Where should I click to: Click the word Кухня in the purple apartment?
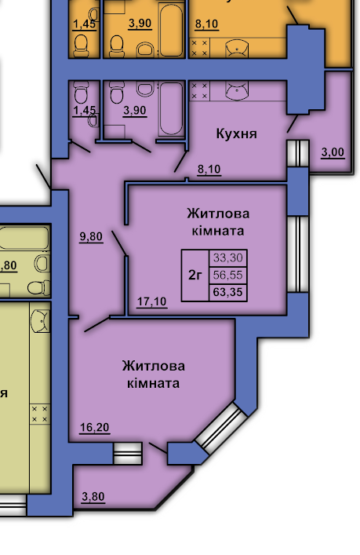tap(236, 133)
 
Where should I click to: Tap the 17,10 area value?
tap(151, 301)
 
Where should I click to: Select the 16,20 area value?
tap(94, 428)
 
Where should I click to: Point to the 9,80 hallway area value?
tap(91, 236)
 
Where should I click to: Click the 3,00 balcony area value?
tap(333, 152)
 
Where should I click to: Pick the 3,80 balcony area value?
tap(93, 497)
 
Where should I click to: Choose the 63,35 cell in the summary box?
tap(228, 292)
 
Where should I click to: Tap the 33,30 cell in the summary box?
tap(228, 258)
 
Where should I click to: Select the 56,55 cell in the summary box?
tap(228, 275)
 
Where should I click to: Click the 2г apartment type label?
tap(195, 275)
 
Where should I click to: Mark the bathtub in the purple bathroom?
tap(171, 108)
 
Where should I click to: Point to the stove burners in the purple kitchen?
tap(199, 90)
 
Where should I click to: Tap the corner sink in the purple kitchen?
tap(237, 90)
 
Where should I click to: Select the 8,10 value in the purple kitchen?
tap(209, 170)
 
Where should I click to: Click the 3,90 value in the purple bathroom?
tap(135, 111)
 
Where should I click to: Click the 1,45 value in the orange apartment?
tap(84, 24)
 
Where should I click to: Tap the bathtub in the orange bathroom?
tap(171, 30)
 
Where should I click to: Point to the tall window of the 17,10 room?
tap(298, 254)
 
